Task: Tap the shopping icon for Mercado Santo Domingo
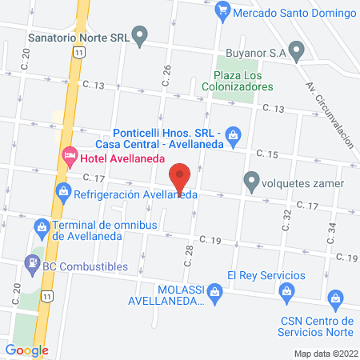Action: coord(224,11)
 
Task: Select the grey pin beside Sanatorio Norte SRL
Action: coord(141,35)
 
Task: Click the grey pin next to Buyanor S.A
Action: coord(298,53)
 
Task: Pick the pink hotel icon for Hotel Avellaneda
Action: coord(70,154)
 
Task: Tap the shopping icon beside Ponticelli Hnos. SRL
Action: coord(233,134)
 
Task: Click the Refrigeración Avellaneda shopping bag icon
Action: coord(62,192)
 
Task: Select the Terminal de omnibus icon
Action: coord(41,230)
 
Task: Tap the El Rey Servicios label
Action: coord(266,274)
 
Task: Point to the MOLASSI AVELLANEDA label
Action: coord(166,296)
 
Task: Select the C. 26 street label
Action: coord(167,74)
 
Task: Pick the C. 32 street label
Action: coord(286,218)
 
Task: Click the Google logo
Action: coord(26,350)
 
